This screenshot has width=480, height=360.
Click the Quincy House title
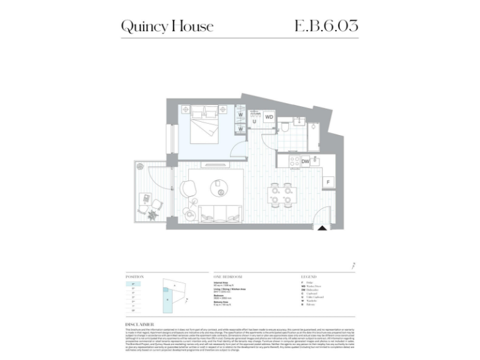point(167,26)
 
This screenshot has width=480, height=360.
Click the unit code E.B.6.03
point(326,26)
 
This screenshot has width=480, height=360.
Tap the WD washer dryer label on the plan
point(269,117)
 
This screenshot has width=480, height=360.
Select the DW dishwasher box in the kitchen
point(306,161)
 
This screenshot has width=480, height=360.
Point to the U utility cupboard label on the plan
point(254,122)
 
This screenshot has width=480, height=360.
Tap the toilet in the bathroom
point(284,127)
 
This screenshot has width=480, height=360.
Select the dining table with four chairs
point(281,194)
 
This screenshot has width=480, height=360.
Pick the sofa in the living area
point(221,212)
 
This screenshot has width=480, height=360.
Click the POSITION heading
point(134,276)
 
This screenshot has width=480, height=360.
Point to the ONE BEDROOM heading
point(227,276)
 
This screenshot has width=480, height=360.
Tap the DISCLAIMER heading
point(141,324)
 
